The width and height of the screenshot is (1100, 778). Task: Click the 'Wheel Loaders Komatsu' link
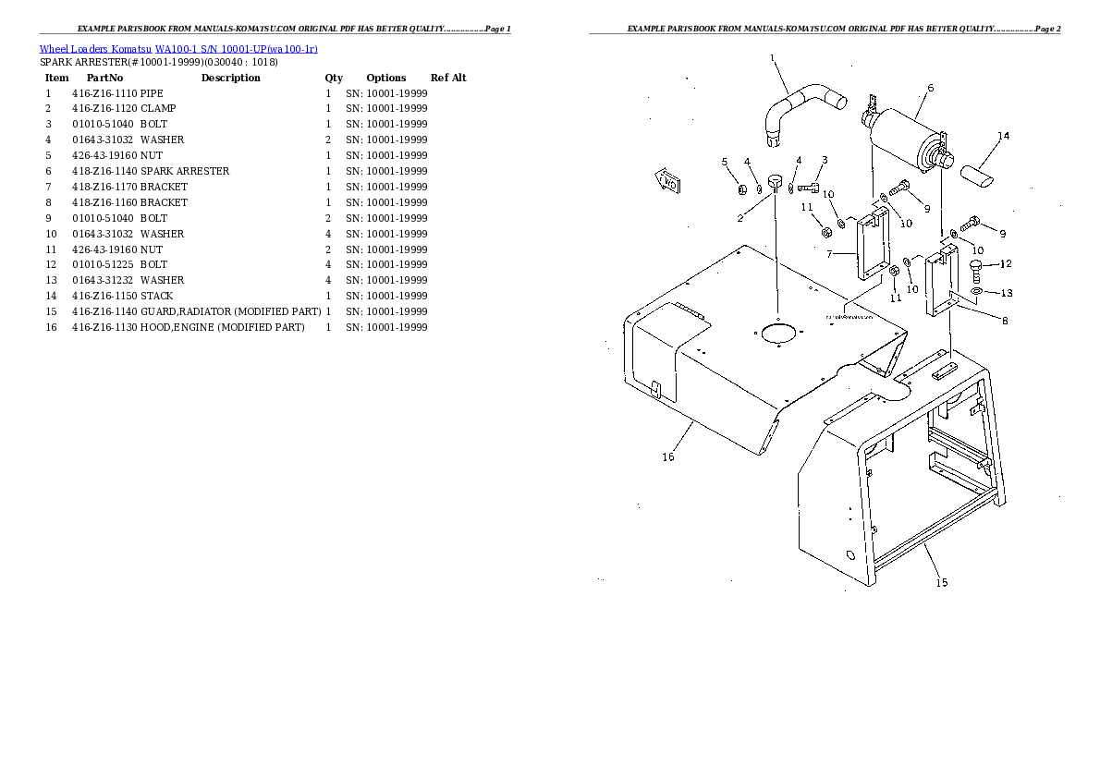(95, 49)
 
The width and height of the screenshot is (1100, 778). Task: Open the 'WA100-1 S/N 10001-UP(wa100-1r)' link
(237, 49)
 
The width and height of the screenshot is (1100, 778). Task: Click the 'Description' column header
(231, 78)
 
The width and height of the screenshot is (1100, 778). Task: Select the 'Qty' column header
(334, 78)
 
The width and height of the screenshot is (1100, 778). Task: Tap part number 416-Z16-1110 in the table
(104, 93)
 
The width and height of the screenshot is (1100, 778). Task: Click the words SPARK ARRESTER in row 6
(185, 171)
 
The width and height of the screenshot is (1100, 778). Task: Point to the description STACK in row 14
(156, 296)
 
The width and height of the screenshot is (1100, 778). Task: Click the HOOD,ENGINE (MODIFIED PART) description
(223, 328)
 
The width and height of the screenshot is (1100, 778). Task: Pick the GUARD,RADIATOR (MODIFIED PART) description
(231, 311)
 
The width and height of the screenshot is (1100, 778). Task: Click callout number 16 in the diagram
(667, 456)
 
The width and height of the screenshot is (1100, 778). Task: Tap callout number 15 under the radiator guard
(941, 582)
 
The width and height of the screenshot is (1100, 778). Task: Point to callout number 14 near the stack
(1003, 136)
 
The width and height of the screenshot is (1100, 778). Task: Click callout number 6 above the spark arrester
(930, 89)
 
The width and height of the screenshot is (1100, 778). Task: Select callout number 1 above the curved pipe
(773, 58)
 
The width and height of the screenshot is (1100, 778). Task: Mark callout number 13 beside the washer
(1006, 293)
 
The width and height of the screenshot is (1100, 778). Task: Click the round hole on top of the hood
(777, 333)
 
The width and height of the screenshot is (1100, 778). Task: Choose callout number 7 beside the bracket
(829, 254)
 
